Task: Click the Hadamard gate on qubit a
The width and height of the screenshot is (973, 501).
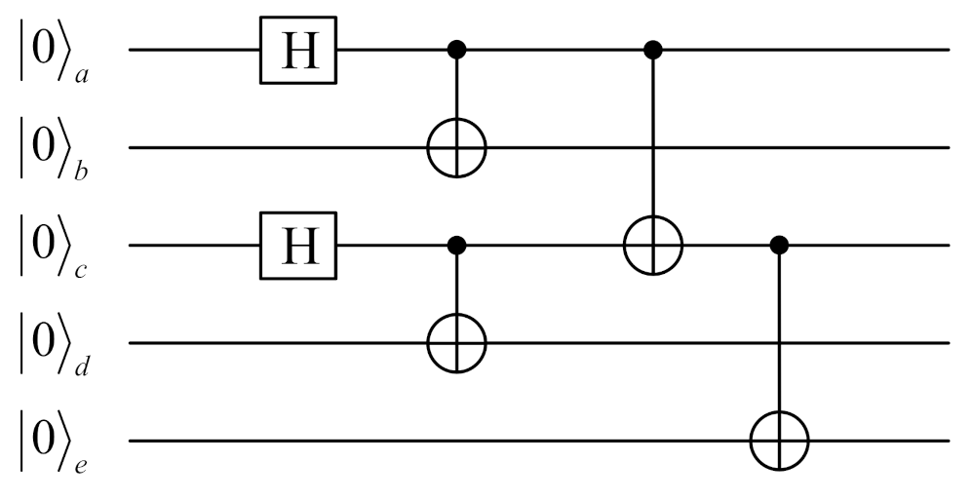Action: tap(298, 50)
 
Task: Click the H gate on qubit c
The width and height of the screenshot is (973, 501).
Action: tap(298, 246)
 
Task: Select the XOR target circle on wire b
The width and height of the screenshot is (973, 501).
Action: tap(456, 148)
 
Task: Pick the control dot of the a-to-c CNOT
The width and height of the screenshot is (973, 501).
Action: tap(652, 50)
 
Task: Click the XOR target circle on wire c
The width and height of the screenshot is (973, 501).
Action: tap(652, 246)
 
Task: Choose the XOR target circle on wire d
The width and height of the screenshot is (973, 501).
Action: tap(456, 343)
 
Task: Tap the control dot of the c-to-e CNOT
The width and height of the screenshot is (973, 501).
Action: tap(778, 246)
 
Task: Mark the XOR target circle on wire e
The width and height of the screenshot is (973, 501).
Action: tap(778, 441)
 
